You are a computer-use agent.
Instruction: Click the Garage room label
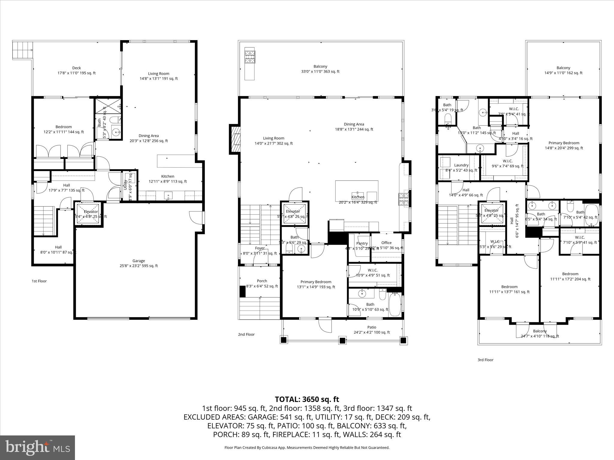[x=139, y=261]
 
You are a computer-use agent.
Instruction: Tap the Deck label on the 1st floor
[x=76, y=68]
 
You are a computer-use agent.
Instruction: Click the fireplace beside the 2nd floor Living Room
[x=234, y=139]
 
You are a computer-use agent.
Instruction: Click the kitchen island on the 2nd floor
[x=356, y=191]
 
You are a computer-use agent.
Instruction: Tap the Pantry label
[x=362, y=243]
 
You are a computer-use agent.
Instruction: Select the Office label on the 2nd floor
[x=386, y=243]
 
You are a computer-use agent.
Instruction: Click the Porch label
[x=262, y=281]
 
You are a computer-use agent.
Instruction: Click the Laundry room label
[x=461, y=165]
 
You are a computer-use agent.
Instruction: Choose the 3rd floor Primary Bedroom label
[x=564, y=143]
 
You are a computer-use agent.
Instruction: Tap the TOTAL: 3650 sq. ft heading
[x=307, y=399]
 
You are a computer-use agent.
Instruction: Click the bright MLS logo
[x=37, y=447]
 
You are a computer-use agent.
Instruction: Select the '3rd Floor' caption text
[x=485, y=360]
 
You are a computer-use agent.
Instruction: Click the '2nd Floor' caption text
[x=246, y=335]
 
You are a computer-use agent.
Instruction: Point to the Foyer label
[x=260, y=248]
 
